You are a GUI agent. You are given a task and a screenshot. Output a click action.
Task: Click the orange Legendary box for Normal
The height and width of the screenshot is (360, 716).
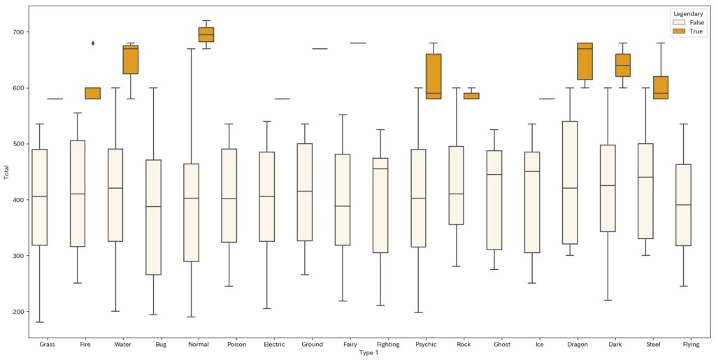coord(206,34)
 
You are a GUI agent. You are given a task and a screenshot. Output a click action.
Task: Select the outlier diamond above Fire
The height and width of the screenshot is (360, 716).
coord(93,43)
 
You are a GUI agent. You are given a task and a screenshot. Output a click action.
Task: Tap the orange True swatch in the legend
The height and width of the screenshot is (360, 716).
coord(678,31)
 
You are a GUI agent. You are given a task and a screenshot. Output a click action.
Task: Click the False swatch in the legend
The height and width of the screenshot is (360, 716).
coord(678,22)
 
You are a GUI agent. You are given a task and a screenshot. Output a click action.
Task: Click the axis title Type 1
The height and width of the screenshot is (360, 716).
coord(368,352)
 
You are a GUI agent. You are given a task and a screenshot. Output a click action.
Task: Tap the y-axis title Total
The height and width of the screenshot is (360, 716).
coord(7,172)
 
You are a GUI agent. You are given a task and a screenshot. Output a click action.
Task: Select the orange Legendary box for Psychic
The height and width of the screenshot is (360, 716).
coord(434,76)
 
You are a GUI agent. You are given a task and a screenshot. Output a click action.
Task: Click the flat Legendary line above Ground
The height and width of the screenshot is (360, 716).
coord(320,49)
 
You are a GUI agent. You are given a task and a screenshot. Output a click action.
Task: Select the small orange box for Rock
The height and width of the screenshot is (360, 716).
coord(471,96)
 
